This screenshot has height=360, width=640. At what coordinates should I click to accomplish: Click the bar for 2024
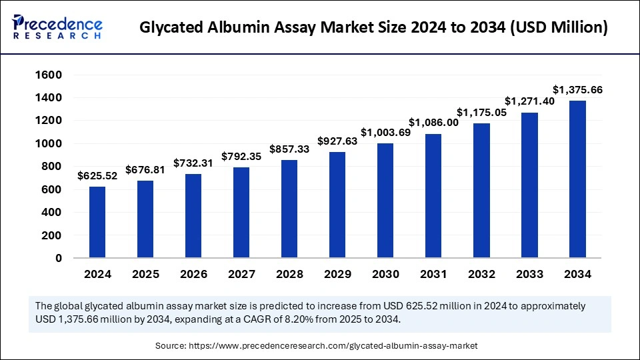click(x=97, y=222)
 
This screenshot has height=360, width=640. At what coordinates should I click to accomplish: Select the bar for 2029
click(x=337, y=205)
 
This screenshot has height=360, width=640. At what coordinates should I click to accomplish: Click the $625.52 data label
click(x=97, y=176)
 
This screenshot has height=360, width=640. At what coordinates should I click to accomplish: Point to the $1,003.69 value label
click(x=385, y=133)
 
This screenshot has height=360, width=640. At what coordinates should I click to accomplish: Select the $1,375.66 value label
click(x=577, y=89)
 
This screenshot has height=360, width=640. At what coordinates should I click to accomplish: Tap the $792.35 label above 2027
click(x=241, y=157)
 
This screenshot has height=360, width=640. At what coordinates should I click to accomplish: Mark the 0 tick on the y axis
click(x=58, y=258)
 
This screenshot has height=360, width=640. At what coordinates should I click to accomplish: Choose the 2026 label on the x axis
click(x=193, y=274)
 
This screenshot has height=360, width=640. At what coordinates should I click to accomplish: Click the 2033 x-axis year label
click(x=529, y=274)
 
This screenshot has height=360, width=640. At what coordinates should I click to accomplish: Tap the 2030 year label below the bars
click(x=385, y=274)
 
